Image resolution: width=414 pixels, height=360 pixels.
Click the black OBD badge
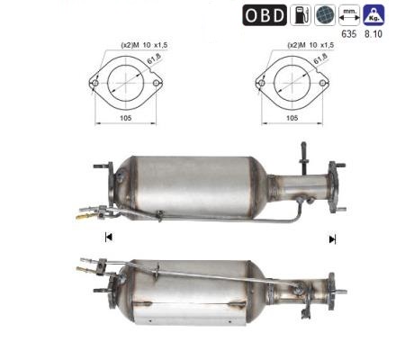coord(265,15)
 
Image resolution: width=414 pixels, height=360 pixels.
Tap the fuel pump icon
coord(301,15)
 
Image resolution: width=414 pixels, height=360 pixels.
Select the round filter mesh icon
coord(325,15)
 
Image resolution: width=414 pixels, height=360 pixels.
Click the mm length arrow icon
coord(349,15)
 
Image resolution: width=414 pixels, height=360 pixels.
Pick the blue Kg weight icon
coord(373,15)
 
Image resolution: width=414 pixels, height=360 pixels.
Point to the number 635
coord(349,34)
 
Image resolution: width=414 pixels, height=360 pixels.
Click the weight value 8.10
coord(373,34)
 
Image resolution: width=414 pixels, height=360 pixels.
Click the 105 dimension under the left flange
coord(126,118)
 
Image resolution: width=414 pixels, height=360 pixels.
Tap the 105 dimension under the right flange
coord(292,118)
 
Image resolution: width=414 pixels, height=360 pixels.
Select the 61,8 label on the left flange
coord(154,58)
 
